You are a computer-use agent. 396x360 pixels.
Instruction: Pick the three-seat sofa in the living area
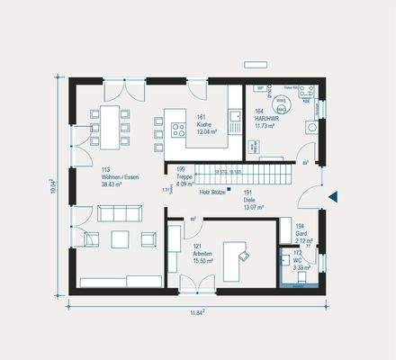tap(120, 212)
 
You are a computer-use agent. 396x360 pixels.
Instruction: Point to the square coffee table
tap(120, 238)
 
